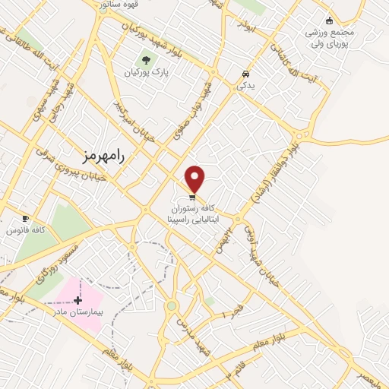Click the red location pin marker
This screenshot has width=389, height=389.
pyautogui.click(x=195, y=178)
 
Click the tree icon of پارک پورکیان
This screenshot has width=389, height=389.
pyautogui.click(x=145, y=60)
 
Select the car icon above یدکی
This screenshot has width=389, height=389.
pyautogui.click(x=245, y=74)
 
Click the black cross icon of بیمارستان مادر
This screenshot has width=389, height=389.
pyautogui.click(x=78, y=301)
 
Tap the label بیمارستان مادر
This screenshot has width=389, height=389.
pyautogui.click(x=77, y=312)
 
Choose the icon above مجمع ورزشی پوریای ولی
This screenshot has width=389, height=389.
pyautogui.click(x=329, y=21)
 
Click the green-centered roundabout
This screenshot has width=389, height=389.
pyautogui.click(x=172, y=306)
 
